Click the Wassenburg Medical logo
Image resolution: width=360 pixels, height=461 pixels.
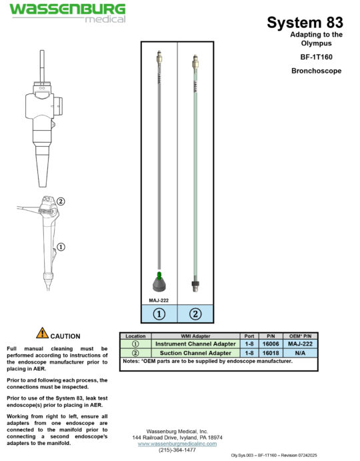tap(67, 13)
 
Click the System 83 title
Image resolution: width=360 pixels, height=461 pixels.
tap(305, 22)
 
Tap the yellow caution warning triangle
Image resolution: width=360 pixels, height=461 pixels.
tap(42, 332)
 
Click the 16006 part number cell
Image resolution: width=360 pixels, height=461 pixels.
tap(271, 344)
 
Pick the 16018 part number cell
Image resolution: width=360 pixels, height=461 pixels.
tap(271, 353)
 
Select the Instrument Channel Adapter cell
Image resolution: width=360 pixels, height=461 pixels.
tap(195, 344)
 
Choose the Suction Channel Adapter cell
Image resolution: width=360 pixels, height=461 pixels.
tap(195, 353)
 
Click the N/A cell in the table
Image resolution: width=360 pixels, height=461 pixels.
tap(301, 353)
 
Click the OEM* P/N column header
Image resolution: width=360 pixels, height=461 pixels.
tap(301, 336)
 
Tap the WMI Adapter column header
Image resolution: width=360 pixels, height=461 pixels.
tap(195, 336)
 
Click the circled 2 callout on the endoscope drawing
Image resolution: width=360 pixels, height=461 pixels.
tap(61, 201)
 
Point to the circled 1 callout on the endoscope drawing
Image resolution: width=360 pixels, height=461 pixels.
tap(61, 247)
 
